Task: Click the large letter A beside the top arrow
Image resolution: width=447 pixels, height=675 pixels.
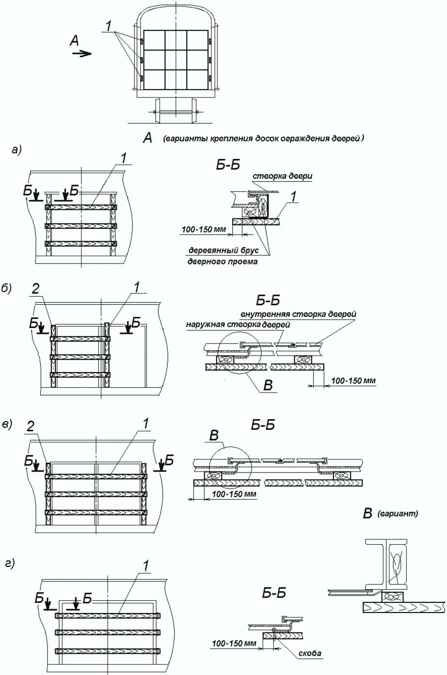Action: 74,41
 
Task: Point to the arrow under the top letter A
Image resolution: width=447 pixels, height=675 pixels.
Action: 81,54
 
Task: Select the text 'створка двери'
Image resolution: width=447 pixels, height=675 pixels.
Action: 283,176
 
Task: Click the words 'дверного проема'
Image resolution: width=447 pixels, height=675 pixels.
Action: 223,262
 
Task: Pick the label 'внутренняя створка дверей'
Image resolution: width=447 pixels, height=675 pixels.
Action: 298,314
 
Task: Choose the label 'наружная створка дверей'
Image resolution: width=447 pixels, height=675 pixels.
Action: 238,325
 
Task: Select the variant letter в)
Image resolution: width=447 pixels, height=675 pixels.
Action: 7,424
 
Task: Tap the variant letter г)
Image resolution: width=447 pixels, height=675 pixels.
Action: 10,563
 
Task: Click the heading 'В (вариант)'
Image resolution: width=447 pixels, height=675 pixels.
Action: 390,513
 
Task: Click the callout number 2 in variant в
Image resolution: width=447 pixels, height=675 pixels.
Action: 31,426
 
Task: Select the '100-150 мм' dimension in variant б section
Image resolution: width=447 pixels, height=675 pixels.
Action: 353,381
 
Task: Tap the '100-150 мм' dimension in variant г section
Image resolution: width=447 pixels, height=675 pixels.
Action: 233,644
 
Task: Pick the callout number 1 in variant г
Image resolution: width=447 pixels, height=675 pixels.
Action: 145,565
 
